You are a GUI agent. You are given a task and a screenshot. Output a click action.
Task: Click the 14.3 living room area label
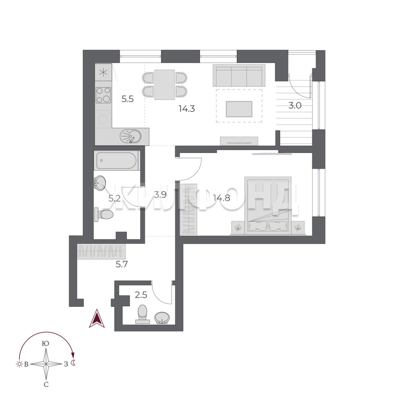(x=187, y=109)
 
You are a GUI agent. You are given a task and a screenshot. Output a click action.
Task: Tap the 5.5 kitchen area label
(x=127, y=99)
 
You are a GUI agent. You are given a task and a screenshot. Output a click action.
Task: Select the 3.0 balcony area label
(x=295, y=105)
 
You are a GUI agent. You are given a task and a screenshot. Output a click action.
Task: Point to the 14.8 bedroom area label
(x=222, y=198)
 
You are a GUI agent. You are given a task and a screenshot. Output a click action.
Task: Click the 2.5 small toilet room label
(x=141, y=295)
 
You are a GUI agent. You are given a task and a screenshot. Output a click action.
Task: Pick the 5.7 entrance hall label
(x=121, y=264)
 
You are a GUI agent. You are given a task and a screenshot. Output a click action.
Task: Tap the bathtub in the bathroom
(x=117, y=161)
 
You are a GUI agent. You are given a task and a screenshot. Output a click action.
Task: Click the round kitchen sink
(x=130, y=136)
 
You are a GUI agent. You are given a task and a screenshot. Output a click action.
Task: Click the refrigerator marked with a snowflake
(x=103, y=73)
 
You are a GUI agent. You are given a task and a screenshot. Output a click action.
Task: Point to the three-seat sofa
(x=239, y=76)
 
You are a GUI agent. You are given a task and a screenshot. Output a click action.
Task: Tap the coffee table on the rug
(x=239, y=109)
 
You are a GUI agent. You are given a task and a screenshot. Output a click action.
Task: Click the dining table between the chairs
(x=164, y=84)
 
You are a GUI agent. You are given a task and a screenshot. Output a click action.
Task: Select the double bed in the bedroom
(x=268, y=205)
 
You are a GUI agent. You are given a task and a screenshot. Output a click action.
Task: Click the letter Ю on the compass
(x=46, y=343)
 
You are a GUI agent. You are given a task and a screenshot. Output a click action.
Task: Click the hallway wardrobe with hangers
(x=101, y=251)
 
